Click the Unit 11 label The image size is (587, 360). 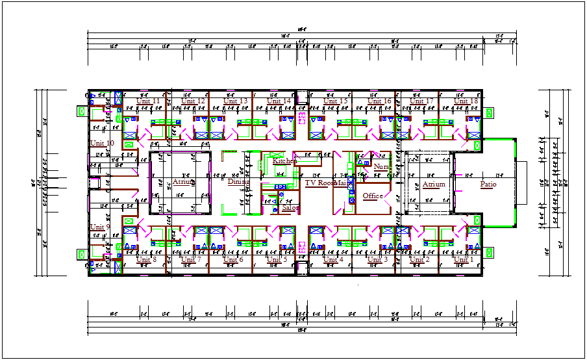click(x=148, y=101)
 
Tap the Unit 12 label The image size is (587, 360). click(x=193, y=101)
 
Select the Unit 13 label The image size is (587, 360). click(x=235, y=101)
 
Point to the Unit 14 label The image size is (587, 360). click(x=279, y=101)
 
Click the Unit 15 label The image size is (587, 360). click(x=336, y=101)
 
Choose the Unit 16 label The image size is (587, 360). click(x=379, y=101)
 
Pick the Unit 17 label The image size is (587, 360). click(x=421, y=101)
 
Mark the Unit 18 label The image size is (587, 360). click(x=466, y=101)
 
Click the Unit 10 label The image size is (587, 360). click(x=102, y=143)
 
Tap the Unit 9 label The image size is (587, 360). click(x=100, y=227)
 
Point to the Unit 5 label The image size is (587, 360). click(x=277, y=260)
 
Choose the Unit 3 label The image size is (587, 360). click(x=377, y=260)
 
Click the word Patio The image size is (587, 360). click(x=488, y=185)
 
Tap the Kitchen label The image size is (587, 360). click(x=284, y=161)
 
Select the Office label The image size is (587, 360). click(x=373, y=196)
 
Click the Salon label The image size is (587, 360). click(x=290, y=209)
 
